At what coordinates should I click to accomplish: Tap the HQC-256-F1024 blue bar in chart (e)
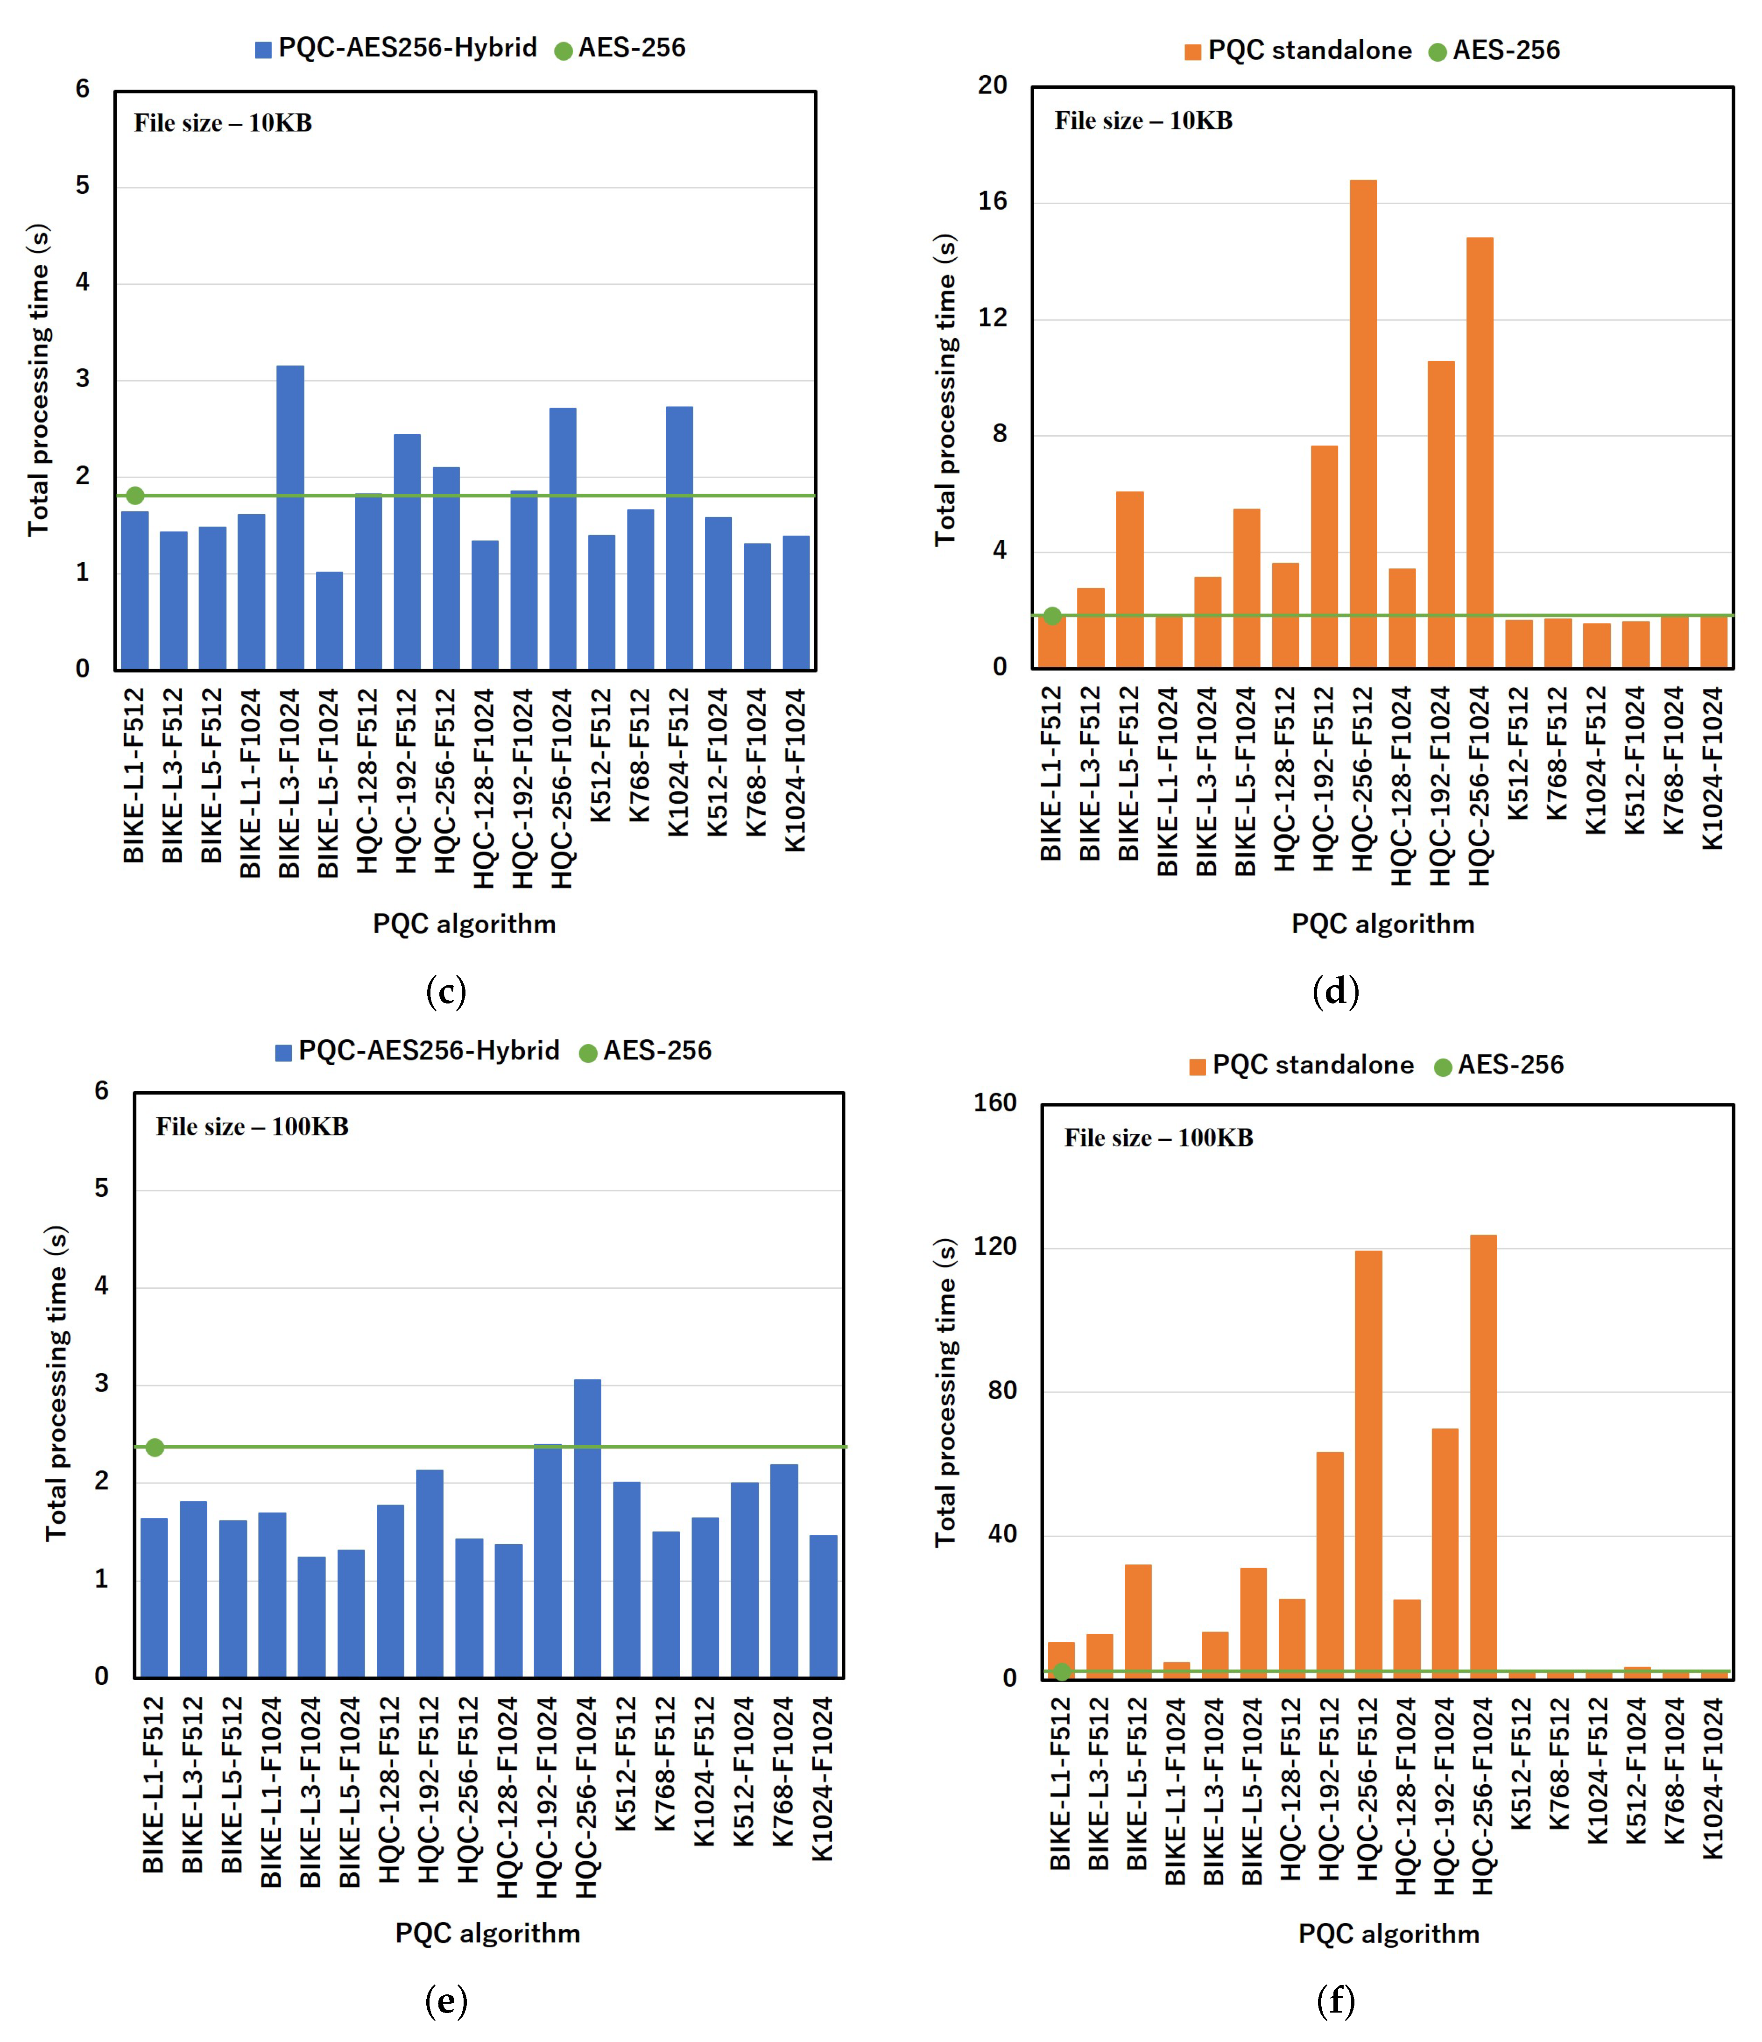pyautogui.click(x=587, y=1527)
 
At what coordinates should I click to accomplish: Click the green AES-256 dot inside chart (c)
pyautogui.click(x=135, y=496)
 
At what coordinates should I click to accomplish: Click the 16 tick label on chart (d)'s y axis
pyautogui.click(x=994, y=201)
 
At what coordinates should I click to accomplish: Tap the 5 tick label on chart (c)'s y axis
pyautogui.click(x=83, y=185)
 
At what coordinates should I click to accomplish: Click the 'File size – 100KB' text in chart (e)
pyautogui.click(x=252, y=1126)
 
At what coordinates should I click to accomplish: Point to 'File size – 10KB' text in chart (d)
pyautogui.click(x=1143, y=120)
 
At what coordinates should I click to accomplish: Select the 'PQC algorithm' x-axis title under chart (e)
pyautogui.click(x=488, y=1933)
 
